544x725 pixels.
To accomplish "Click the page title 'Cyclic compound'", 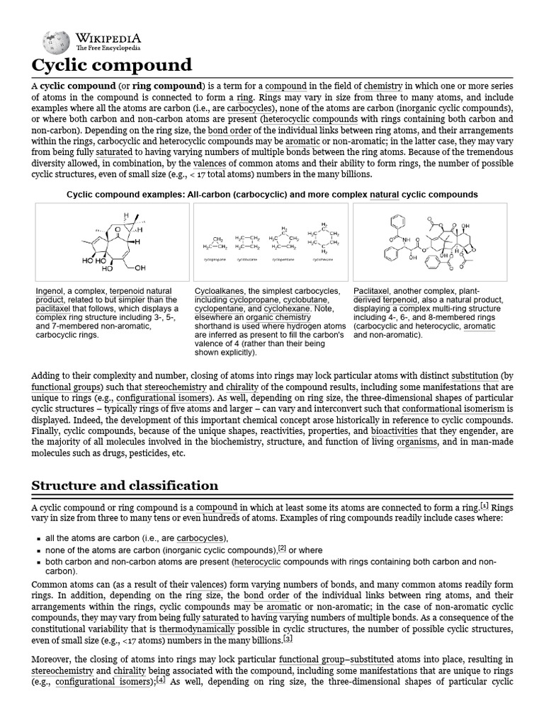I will [112, 66].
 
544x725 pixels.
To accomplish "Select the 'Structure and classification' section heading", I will [125, 485].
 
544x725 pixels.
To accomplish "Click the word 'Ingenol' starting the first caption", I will [50, 291].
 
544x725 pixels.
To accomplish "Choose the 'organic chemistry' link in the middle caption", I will [274, 318].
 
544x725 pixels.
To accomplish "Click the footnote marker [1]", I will [484, 505].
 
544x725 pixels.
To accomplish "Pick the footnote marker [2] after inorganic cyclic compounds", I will [282, 548].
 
